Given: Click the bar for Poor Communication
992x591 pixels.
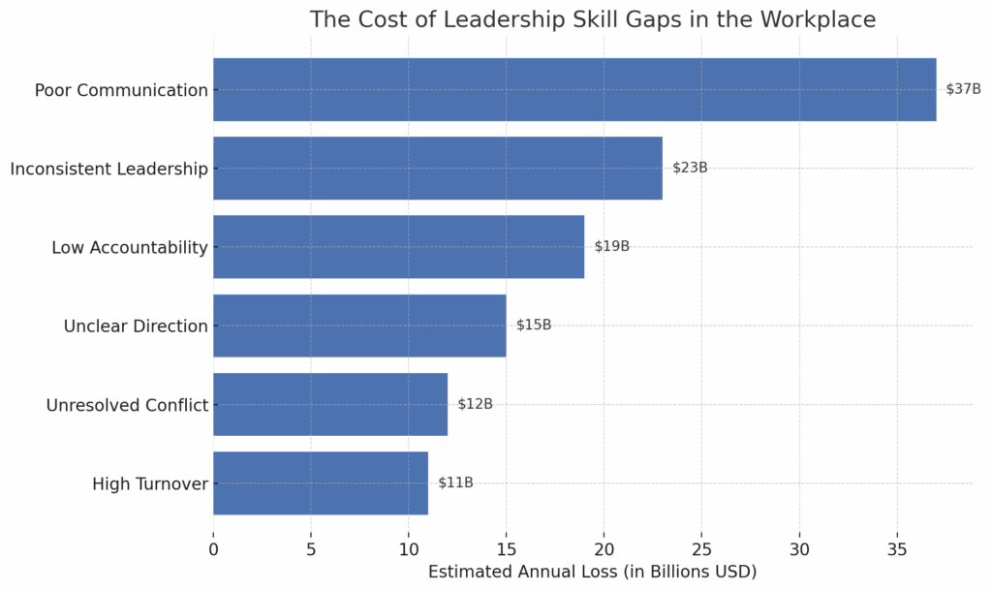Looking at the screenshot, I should (574, 89).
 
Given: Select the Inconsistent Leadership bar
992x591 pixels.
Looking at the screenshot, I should (437, 168).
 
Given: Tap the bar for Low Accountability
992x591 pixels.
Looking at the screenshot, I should (398, 246).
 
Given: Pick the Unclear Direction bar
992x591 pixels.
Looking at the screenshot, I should (359, 326).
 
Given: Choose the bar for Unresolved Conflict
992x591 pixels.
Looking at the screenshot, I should (329, 404).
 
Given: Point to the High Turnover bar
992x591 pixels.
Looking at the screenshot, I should (320, 482).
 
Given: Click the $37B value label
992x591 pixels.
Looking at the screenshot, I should (963, 89).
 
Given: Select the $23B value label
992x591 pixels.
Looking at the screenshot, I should (690, 168).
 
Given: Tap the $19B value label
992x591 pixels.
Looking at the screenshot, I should (611, 246).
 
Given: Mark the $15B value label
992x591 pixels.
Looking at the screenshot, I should (534, 326).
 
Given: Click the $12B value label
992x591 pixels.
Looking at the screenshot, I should (475, 404).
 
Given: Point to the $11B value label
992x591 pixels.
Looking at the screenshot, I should (455, 482).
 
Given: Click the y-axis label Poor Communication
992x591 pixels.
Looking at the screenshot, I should (121, 90).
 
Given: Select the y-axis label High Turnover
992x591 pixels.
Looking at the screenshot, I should (150, 483).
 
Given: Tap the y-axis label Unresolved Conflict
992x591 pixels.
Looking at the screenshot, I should (127, 405).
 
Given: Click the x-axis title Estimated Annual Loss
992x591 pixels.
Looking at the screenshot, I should (592, 572).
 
